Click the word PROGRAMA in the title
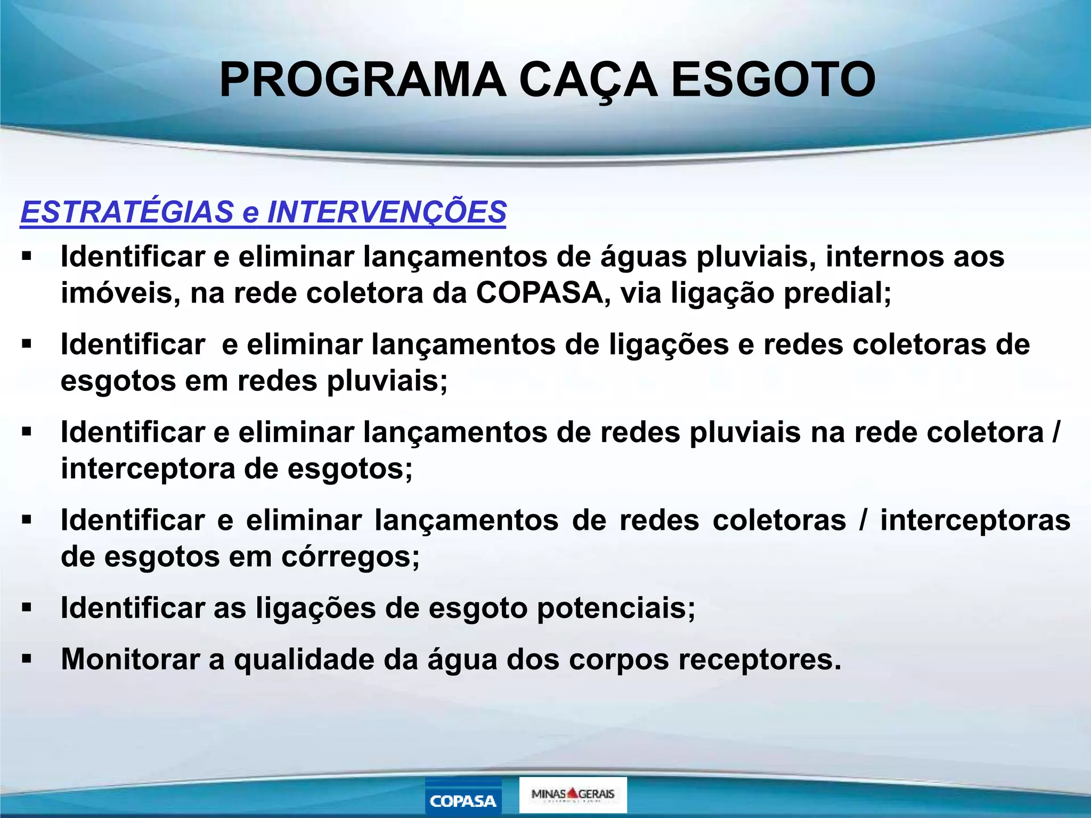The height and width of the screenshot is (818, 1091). [362, 80]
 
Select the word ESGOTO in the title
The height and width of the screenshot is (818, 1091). [773, 80]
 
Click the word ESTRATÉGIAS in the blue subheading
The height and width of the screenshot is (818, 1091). [127, 212]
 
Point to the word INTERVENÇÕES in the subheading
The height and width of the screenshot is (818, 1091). [386, 212]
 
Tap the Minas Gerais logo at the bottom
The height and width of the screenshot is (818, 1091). [573, 795]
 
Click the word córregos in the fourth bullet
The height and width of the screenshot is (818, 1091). [351, 557]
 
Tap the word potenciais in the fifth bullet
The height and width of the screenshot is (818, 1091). [616, 608]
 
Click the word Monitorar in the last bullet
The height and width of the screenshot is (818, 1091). [130, 659]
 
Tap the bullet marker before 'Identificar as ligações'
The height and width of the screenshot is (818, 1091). [27, 608]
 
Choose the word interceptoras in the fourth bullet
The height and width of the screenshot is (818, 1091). [975, 520]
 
